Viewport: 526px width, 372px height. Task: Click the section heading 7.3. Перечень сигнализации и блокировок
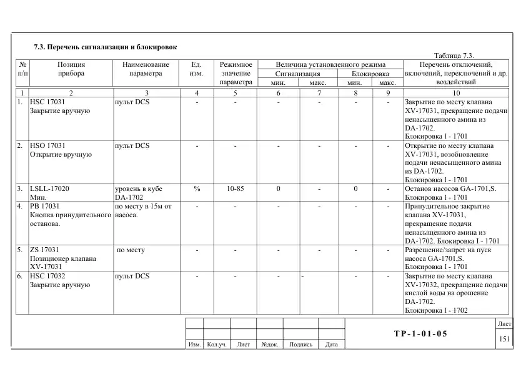tap(105, 47)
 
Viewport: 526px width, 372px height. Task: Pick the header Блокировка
tap(371, 74)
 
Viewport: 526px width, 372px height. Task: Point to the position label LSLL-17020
tap(49, 188)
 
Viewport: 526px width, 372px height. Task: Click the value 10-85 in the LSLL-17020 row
tap(236, 188)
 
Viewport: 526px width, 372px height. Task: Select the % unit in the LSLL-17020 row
tap(197, 188)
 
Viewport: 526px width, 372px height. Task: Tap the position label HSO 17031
tap(47, 145)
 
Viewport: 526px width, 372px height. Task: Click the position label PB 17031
tap(45, 205)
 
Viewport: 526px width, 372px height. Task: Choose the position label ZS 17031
tap(44, 250)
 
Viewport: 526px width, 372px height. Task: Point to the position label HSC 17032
tap(47, 276)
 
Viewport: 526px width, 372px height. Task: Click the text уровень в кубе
tap(139, 188)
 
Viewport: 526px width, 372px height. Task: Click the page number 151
tap(504, 338)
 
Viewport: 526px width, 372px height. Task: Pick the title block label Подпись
tap(300, 345)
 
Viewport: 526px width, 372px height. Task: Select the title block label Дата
tap(331, 345)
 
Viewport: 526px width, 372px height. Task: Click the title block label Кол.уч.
tap(216, 345)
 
